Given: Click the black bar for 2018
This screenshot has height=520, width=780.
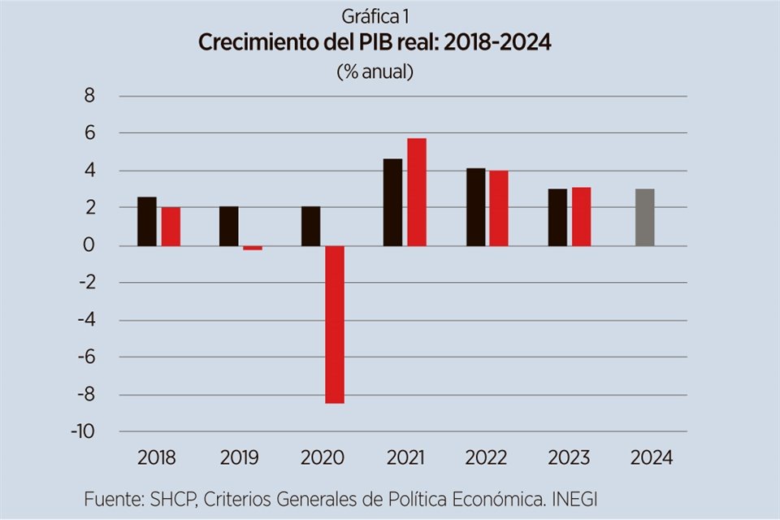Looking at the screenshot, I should click(x=147, y=221).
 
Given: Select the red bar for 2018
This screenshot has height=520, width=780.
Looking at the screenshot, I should click(x=171, y=226).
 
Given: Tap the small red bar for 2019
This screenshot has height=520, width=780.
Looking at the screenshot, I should click(x=253, y=248).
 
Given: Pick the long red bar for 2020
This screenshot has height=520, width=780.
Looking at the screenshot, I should click(x=335, y=324).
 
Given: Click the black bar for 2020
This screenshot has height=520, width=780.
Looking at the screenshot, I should click(x=310, y=226).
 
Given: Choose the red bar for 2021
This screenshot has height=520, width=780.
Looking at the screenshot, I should click(x=417, y=192).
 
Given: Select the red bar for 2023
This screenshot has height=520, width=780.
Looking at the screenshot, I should click(x=581, y=216).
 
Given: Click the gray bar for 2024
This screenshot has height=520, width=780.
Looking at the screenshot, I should click(x=644, y=217).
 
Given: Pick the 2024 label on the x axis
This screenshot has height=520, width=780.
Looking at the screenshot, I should click(x=652, y=457).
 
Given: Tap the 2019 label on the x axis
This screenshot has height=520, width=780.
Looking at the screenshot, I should click(x=239, y=457).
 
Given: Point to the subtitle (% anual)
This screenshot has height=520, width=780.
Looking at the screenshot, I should click(x=375, y=71).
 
